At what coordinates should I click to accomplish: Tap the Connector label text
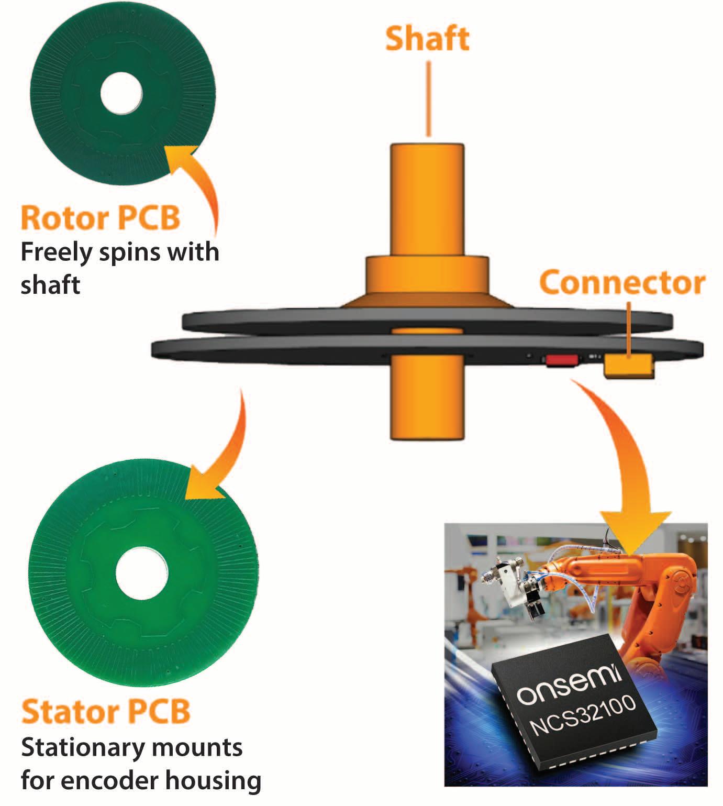(x=622, y=283)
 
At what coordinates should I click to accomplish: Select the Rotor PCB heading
(x=101, y=218)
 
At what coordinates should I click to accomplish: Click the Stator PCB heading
(x=106, y=712)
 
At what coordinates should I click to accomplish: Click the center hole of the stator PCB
(x=141, y=573)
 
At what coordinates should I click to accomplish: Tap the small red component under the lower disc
(x=562, y=360)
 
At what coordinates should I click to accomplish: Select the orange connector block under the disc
(x=628, y=366)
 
